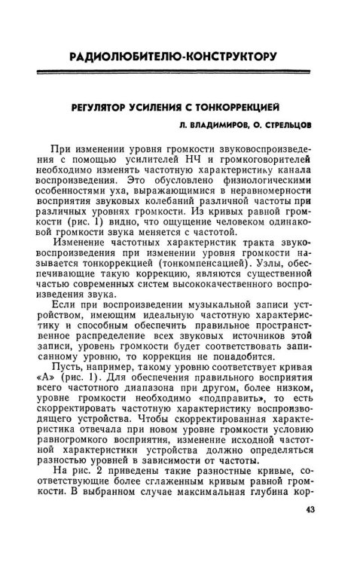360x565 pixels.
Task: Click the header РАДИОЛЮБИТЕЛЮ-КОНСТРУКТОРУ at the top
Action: click(172, 57)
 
